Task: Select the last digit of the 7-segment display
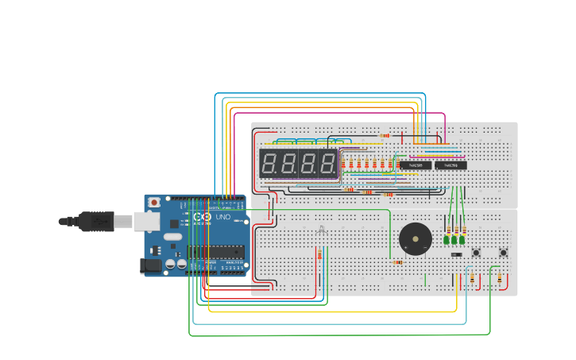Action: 327,165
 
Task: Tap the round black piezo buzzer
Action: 413,238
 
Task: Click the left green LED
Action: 446,239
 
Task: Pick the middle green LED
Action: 454,239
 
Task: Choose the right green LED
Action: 462,239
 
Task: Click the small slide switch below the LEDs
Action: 456,254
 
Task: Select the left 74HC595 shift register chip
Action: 415,165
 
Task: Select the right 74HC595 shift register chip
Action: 450,165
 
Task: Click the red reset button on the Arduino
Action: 154,202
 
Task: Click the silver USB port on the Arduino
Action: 125,222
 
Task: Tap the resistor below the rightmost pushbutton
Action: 500,278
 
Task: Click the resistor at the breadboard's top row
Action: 385,135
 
